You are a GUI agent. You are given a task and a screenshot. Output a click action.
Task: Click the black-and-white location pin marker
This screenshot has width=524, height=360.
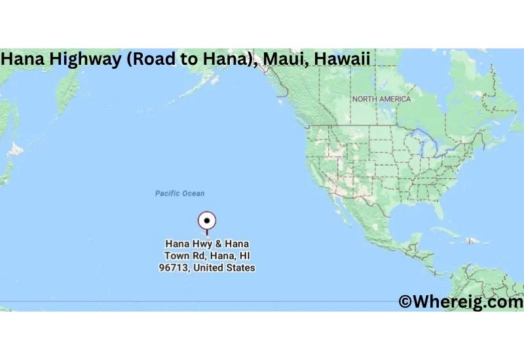[x=207, y=221]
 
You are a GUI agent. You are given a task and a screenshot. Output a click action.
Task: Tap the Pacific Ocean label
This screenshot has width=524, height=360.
[x=179, y=193]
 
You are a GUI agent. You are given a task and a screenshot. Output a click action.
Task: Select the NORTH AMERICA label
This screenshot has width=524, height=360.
[x=381, y=99]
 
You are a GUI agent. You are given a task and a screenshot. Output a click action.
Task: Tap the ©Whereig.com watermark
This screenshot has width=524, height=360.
[x=460, y=302]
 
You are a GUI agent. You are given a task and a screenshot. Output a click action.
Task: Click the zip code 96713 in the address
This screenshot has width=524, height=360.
[x=175, y=268]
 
